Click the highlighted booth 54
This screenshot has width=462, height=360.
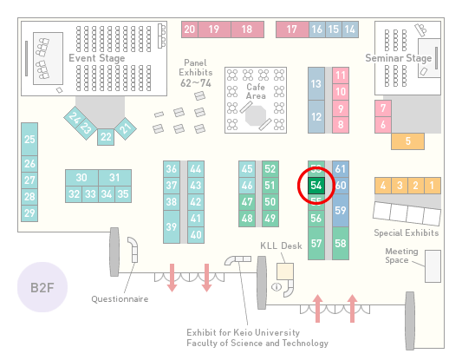click(x=316, y=186)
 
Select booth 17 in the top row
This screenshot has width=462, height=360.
click(x=292, y=29)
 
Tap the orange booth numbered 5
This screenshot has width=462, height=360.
click(x=407, y=141)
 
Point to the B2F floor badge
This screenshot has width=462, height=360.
click(x=42, y=287)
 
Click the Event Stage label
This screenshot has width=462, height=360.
click(x=96, y=58)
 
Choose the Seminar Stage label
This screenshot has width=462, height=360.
click(x=399, y=58)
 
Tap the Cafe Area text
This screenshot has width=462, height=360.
click(x=256, y=91)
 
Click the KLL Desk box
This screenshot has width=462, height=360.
click(x=285, y=272)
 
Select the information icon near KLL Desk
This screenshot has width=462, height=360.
click(x=277, y=286)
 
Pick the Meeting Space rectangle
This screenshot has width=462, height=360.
click(x=433, y=266)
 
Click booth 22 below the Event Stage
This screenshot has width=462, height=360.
click(x=106, y=137)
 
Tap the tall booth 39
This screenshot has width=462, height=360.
click(x=172, y=226)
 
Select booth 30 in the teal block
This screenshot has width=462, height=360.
click(x=81, y=178)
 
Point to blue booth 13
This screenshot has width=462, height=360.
click(x=316, y=83)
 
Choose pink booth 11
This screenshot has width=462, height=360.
click(x=341, y=75)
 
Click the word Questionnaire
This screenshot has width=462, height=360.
click(x=120, y=299)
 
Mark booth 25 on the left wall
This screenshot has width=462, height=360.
click(x=29, y=139)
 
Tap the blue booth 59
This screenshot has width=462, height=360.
click(x=341, y=210)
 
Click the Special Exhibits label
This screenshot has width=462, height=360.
click(x=407, y=233)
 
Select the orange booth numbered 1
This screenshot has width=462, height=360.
click(x=433, y=186)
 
